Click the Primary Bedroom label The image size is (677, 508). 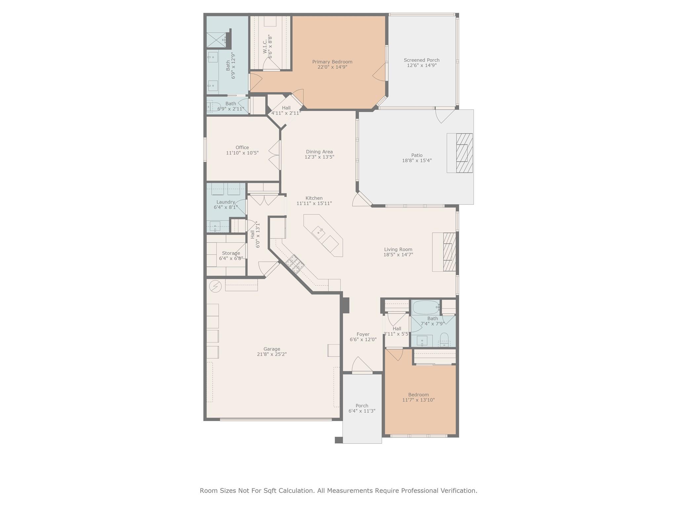click(x=332, y=62)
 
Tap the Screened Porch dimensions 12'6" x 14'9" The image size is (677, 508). click(x=421, y=65)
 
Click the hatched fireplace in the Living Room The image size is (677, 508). click(x=449, y=252)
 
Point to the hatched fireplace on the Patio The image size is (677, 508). click(x=464, y=153)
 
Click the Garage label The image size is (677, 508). click(x=272, y=349)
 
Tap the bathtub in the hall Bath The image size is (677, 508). click(x=425, y=307)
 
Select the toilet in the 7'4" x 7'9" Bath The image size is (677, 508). click(x=444, y=339)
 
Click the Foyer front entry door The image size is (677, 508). click(x=362, y=366)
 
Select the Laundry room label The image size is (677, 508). click(x=225, y=202)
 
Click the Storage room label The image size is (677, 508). click(x=231, y=253)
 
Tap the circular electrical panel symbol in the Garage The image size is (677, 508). click(x=216, y=286)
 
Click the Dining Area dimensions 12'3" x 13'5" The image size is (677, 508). click(x=319, y=157)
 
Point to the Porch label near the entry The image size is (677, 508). click(x=362, y=406)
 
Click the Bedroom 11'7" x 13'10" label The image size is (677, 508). click(x=418, y=395)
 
